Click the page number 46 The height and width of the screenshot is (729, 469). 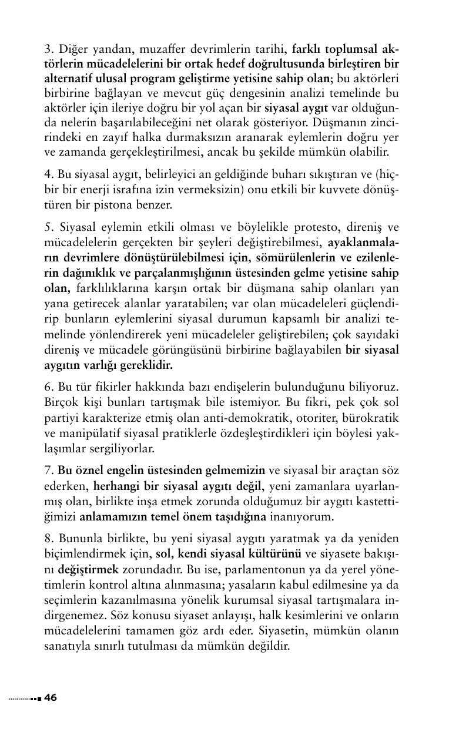(51, 698)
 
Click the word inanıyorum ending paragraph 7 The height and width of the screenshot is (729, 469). (302, 516)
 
